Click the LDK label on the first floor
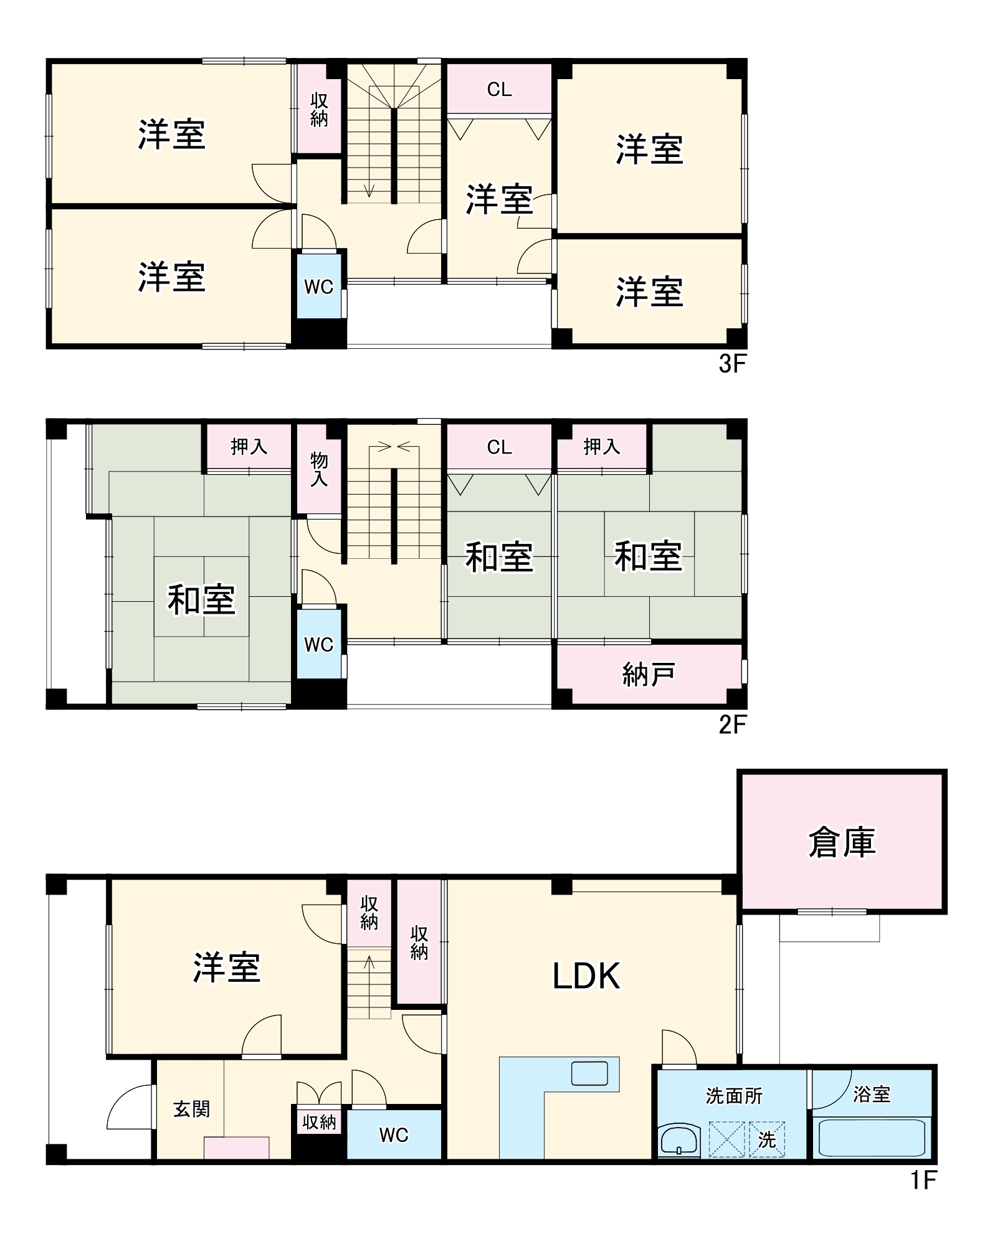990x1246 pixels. (x=586, y=976)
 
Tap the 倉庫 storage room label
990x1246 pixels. (x=842, y=843)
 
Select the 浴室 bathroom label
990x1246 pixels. (x=872, y=1094)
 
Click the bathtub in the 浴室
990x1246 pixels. (x=872, y=1138)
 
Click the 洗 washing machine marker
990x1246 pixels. (x=766, y=1140)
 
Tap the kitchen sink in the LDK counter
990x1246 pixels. (x=589, y=1073)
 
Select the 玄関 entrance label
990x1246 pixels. (x=191, y=1109)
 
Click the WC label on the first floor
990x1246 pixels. (x=394, y=1135)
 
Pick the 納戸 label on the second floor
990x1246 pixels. (x=649, y=675)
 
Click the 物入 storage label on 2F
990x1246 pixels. (x=319, y=469)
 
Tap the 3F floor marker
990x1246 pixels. (x=731, y=364)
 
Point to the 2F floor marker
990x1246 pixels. (x=731, y=725)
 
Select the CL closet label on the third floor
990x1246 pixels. (x=499, y=90)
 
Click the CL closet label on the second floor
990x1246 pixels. (x=499, y=447)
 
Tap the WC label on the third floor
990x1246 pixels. (x=318, y=287)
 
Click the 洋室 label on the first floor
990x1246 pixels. (x=226, y=968)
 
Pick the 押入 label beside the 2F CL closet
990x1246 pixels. (x=601, y=446)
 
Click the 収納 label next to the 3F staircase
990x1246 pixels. (x=319, y=110)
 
